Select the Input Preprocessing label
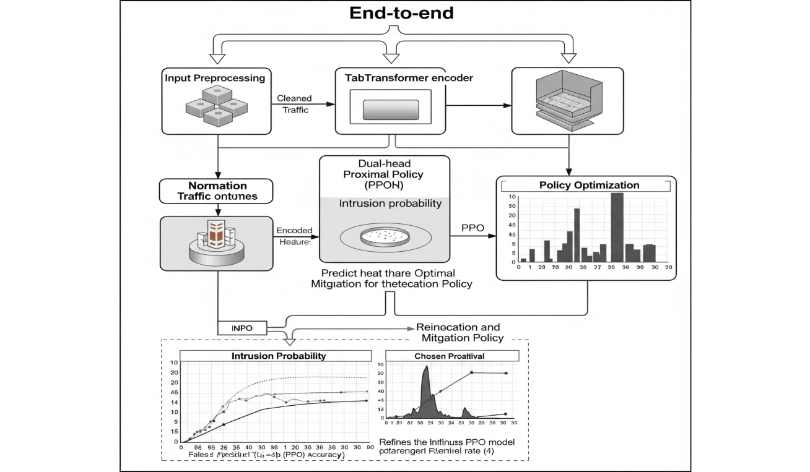point(215,78)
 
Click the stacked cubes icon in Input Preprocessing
point(217,106)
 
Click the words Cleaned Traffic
point(294,104)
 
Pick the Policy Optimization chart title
point(589,185)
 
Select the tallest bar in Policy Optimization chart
point(617,227)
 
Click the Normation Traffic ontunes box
point(217,191)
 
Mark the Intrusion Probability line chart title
point(279,356)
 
